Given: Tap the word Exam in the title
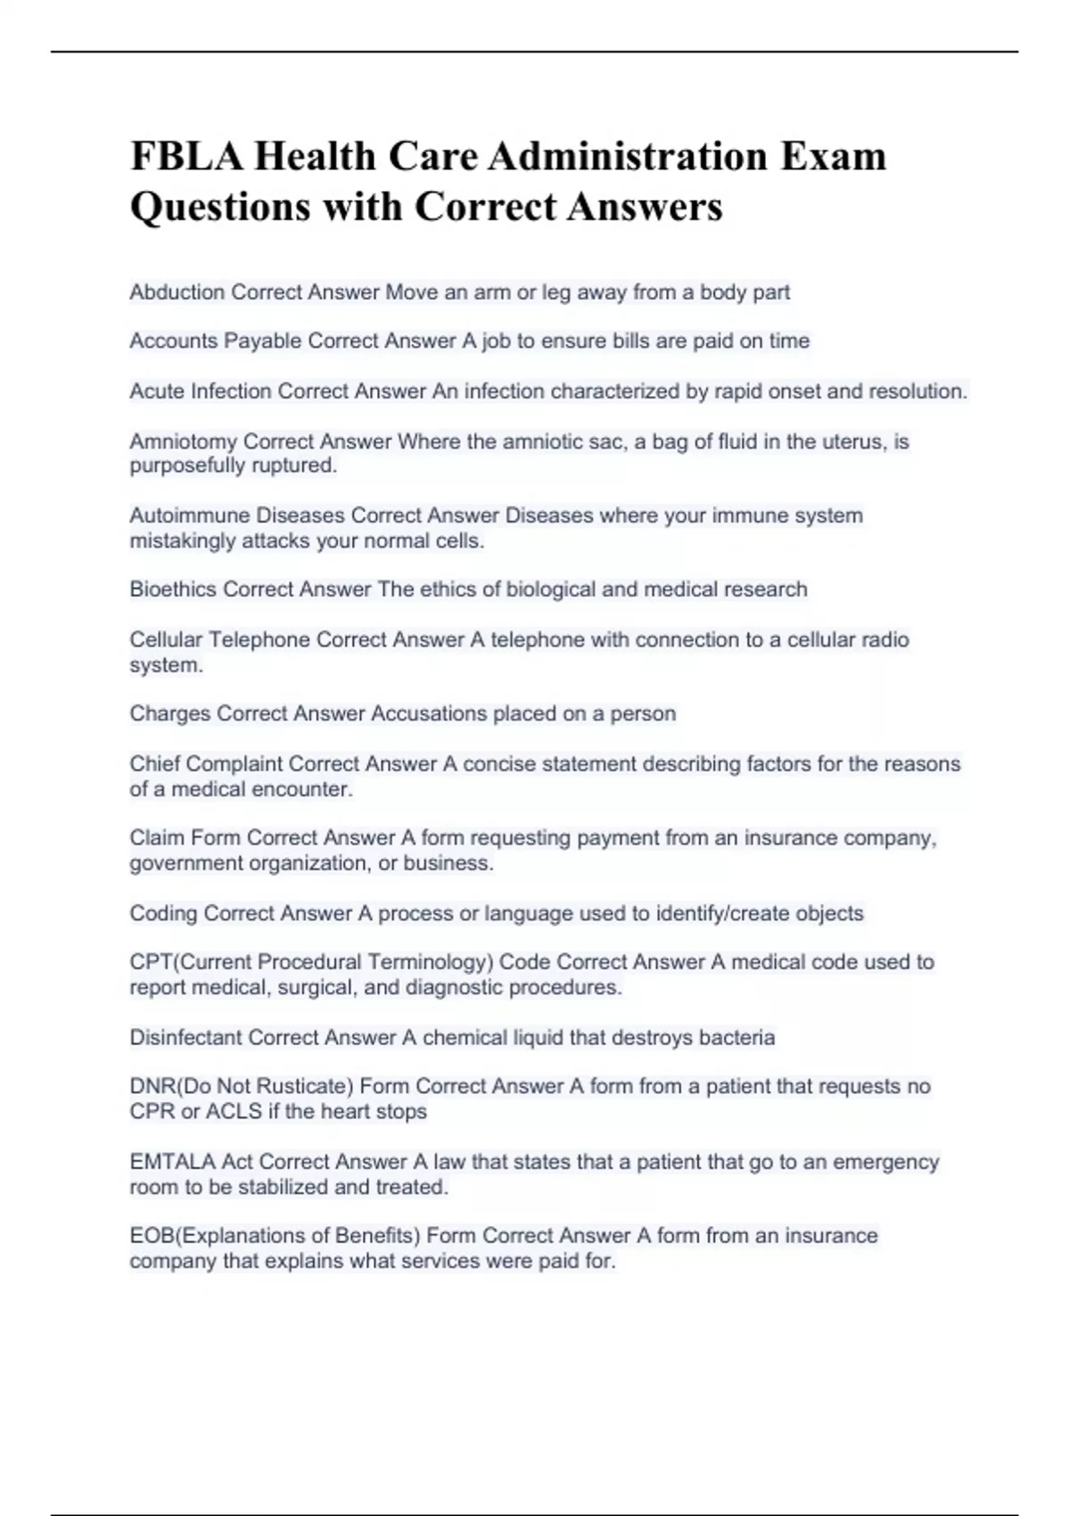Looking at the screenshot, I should tap(834, 157).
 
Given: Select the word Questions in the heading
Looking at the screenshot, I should tap(219, 207).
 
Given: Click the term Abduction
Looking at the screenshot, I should tap(177, 292).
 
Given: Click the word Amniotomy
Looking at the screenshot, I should tap(183, 441).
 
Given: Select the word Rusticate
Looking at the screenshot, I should tap(301, 1086).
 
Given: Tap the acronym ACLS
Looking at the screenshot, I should tap(234, 1111).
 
